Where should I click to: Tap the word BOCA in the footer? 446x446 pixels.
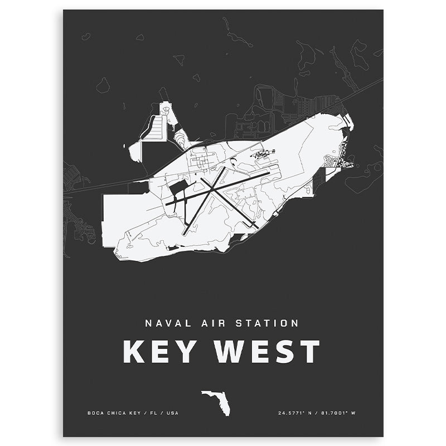tap(95, 413)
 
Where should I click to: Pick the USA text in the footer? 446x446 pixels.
tap(173, 413)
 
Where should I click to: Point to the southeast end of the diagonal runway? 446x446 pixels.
tap(255, 226)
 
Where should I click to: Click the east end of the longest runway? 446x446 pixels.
tap(269, 173)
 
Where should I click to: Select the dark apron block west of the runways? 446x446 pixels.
tap(180, 188)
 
